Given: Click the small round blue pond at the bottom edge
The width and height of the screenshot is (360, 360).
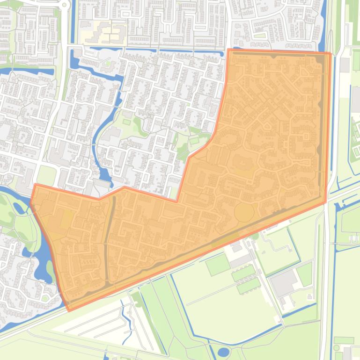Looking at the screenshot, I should click(224, 352).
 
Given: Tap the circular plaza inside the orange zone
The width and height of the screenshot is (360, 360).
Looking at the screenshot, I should click(244, 212).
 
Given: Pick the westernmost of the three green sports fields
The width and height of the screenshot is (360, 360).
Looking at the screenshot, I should click(218, 265).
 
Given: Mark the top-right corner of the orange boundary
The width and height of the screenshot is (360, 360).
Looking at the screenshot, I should click(331, 53).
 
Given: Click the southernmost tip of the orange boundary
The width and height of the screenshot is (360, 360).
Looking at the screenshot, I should click(69, 310).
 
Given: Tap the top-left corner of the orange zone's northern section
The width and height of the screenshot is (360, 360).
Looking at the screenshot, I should click(228, 49).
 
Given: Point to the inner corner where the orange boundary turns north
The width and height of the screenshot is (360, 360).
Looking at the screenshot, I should click(177, 202).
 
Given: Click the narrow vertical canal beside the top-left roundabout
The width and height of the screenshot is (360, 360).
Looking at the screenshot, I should click(72, 23).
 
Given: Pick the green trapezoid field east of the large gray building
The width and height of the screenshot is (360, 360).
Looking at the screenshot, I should click(305, 274).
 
